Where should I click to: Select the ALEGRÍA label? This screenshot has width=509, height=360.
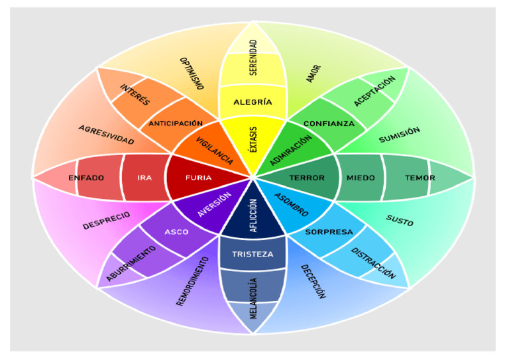253,102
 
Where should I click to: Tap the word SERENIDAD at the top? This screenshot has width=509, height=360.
253,58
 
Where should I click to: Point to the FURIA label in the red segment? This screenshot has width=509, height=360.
199,178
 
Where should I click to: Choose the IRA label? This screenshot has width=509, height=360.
144,178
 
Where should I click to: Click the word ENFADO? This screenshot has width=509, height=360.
87,178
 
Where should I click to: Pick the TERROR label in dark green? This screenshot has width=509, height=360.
307,178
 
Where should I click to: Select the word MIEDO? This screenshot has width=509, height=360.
361,178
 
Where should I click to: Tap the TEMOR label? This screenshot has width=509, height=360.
420,178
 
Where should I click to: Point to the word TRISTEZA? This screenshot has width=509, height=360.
253,255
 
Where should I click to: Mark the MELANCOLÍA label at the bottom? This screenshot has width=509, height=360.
253,298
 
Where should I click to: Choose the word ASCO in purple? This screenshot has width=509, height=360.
176,232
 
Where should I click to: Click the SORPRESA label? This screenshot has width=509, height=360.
329,232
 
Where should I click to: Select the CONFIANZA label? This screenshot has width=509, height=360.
329,123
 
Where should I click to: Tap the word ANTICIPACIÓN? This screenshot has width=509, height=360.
176,123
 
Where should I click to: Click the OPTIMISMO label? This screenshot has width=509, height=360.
192,74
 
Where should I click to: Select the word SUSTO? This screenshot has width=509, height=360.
399,221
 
